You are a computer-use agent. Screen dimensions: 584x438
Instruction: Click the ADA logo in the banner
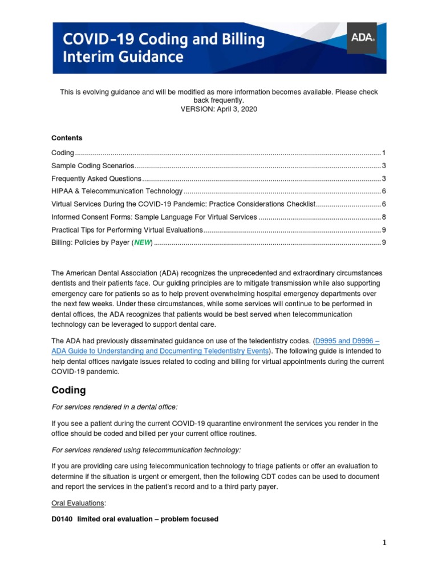(362, 38)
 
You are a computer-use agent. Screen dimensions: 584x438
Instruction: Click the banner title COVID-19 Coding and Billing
(163, 39)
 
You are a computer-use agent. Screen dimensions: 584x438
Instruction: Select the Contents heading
(67, 138)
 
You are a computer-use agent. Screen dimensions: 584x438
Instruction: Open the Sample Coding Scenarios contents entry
(92, 166)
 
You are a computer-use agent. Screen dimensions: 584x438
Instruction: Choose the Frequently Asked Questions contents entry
(96, 179)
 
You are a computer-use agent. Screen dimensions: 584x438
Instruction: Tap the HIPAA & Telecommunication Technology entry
(117, 192)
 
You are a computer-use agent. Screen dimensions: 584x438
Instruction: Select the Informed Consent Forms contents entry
(154, 217)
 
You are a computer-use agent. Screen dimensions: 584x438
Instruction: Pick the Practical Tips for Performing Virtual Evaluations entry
(127, 230)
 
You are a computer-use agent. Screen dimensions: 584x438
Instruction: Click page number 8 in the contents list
(384, 217)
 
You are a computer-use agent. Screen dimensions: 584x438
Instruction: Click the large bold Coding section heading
(68, 390)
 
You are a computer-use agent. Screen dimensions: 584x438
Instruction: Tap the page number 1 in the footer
(384, 543)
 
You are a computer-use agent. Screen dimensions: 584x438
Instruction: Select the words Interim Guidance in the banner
(123, 57)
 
